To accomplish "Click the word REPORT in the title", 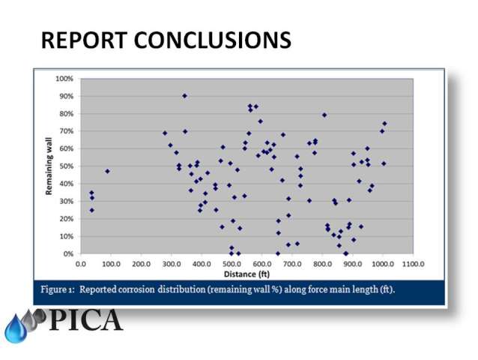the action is [84, 40].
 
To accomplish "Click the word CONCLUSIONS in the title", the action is [213, 40].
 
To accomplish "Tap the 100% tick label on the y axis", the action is [64, 79].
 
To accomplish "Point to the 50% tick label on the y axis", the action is [67, 166].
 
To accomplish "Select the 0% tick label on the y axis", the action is [68, 253].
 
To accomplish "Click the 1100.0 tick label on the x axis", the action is [413, 264].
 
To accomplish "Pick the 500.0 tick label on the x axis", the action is [232, 264].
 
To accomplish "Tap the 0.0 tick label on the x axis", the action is [80, 264].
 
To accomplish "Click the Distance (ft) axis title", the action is [246, 274].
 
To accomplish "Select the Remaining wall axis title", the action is [49, 166].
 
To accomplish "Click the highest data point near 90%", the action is [184, 96].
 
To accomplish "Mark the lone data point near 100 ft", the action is [107, 171].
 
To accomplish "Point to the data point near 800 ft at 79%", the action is [324, 115].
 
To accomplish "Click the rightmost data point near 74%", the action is [384, 124].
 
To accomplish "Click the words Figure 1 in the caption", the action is [58, 289].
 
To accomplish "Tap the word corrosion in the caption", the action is [136, 289].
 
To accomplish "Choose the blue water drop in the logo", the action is [16, 329].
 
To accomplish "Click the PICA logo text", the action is [85, 319].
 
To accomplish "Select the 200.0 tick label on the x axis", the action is [141, 264].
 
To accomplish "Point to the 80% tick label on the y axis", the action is [67, 114].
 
